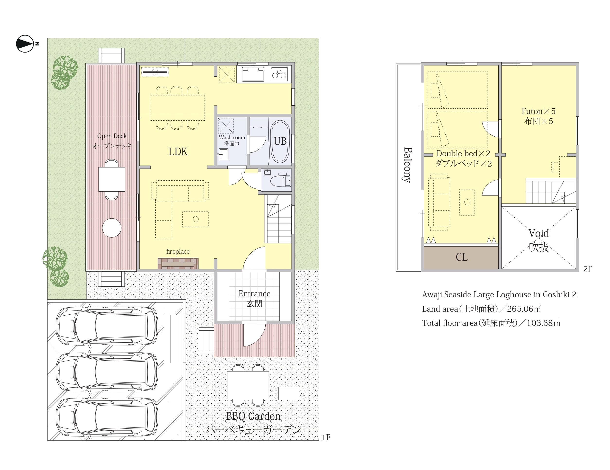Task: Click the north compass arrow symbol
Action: [25, 44]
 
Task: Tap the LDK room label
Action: [178, 151]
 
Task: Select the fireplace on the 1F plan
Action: [178, 263]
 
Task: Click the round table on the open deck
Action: [112, 228]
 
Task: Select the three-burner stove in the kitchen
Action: [279, 74]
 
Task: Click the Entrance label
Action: [254, 293]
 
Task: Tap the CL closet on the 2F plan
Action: [461, 257]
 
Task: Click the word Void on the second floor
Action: [538, 233]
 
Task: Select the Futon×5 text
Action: [538, 111]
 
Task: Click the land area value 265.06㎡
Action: [524, 309]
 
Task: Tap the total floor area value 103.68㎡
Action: [544, 323]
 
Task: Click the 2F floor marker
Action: [588, 269]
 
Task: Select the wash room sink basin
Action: [224, 154]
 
